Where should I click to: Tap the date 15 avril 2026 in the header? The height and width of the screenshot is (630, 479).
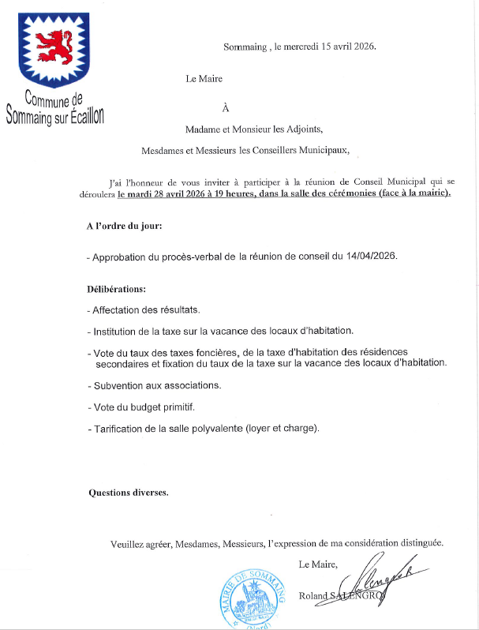click(348, 47)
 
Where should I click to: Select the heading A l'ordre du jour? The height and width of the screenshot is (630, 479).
click(124, 227)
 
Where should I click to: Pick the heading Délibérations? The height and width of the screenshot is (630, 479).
click(117, 289)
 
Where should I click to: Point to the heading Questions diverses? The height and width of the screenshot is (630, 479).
click(128, 492)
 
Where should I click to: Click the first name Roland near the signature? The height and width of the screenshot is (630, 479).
click(314, 596)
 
